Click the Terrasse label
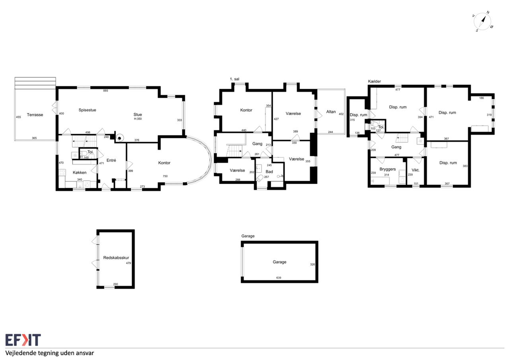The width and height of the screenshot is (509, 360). (x=35, y=115)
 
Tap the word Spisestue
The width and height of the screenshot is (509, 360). (x=87, y=110)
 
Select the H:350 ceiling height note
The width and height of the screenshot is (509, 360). (x=138, y=119)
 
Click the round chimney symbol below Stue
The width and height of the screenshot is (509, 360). (x=120, y=138)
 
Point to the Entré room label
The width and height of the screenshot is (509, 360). (x=111, y=160)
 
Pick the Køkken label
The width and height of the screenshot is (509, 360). (x=80, y=173)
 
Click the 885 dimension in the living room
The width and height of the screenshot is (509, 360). (x=106, y=91)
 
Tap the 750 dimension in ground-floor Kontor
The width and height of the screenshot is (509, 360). (x=165, y=176)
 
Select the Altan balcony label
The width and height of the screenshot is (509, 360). (x=331, y=112)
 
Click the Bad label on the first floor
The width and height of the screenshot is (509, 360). (x=269, y=171)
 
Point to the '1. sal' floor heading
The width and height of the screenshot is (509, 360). (x=235, y=79)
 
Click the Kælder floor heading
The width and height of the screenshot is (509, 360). (x=375, y=82)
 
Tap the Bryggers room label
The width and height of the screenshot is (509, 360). (x=388, y=169)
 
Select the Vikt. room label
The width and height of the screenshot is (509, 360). (x=416, y=170)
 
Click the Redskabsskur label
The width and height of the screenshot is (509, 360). (x=116, y=257)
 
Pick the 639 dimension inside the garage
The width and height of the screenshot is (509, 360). (x=279, y=278)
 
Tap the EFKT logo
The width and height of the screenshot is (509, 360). (x=23, y=340)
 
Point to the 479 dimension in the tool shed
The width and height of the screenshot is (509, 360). (x=128, y=263)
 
